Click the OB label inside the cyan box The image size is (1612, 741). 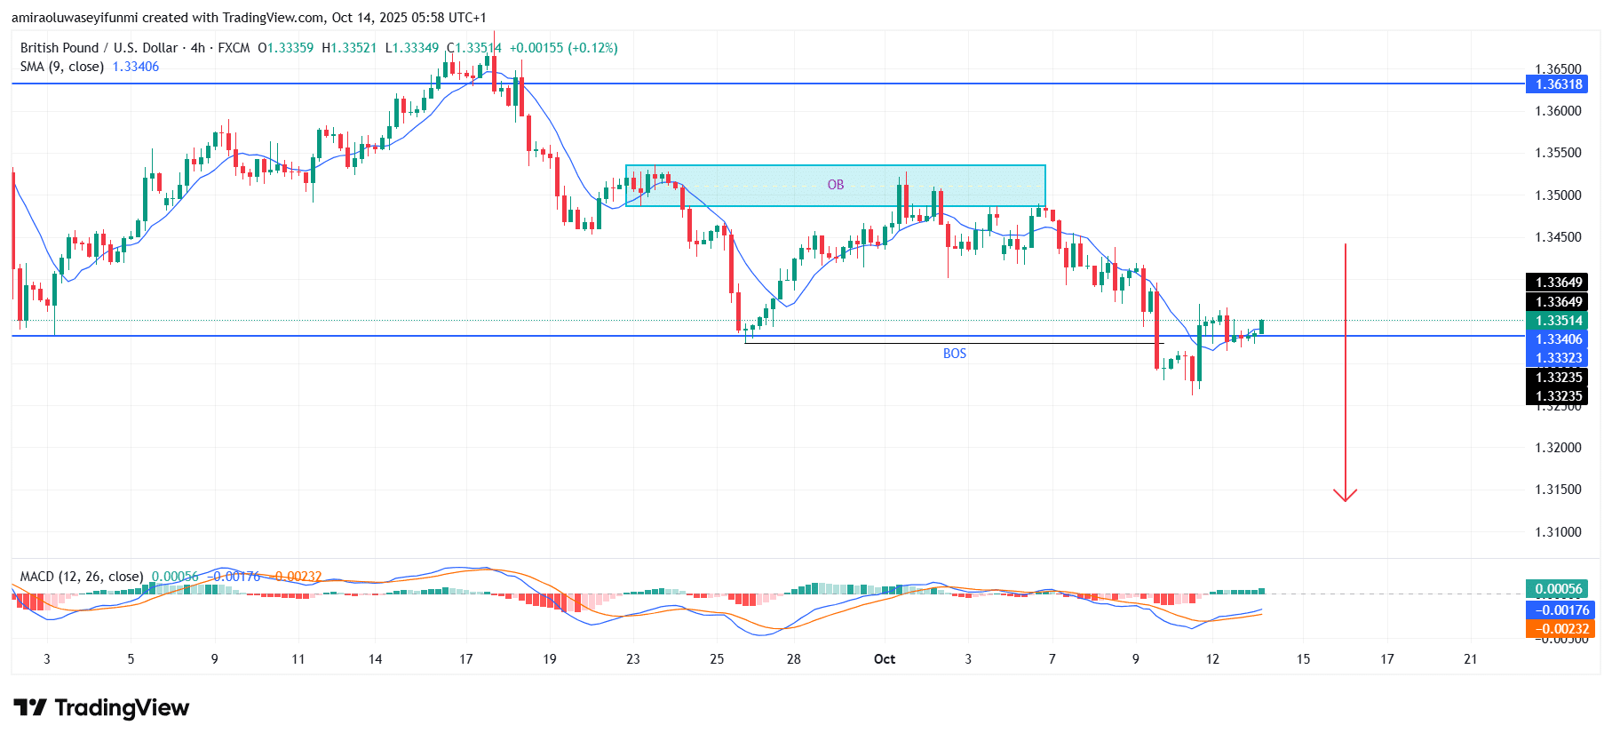pos(836,185)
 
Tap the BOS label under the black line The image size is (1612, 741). pos(954,354)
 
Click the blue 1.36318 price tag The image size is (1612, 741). pos(1559,84)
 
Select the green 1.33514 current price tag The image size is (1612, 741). pos(1559,321)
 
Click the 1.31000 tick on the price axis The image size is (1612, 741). pos(1558,532)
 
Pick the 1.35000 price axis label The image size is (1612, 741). pos(1558,195)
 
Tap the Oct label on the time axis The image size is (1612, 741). pos(885,659)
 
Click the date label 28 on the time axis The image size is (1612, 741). pos(793,659)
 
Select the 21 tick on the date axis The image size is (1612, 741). pos(1470,659)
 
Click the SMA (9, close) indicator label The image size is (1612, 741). pos(62,67)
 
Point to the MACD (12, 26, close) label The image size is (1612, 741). pos(82,577)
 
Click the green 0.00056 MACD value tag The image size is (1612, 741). pos(1559,589)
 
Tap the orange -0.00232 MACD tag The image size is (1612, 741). pos(1559,629)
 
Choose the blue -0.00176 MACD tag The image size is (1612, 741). pos(1559,610)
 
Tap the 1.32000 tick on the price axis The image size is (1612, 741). pos(1558,448)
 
